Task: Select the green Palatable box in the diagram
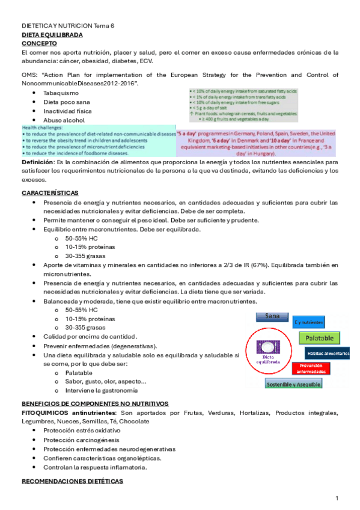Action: click(319, 337)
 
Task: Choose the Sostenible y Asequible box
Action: click(293, 384)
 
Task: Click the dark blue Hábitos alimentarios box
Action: click(328, 353)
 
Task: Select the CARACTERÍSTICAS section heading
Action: click(50, 192)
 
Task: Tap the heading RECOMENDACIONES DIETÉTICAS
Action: click(72, 482)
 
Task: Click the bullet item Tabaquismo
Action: click(61, 93)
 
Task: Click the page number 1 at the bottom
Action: click(337, 499)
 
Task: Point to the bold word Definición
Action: click(37, 162)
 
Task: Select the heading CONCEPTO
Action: click(39, 44)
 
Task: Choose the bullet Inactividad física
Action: click(67, 111)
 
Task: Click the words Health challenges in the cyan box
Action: click(42, 127)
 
